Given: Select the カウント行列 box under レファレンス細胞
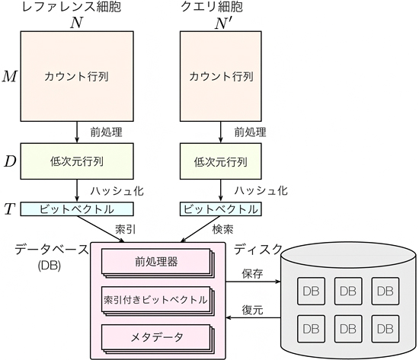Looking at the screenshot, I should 77,76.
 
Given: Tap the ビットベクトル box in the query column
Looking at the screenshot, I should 219,209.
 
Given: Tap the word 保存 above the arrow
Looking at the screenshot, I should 252,274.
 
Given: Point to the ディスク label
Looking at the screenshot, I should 258,248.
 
